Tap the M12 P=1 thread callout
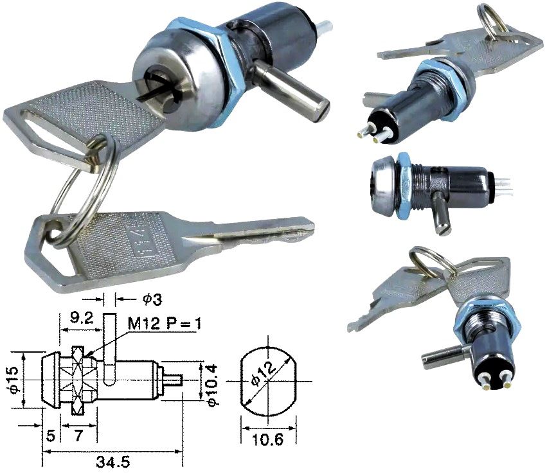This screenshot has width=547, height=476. [x=164, y=324]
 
